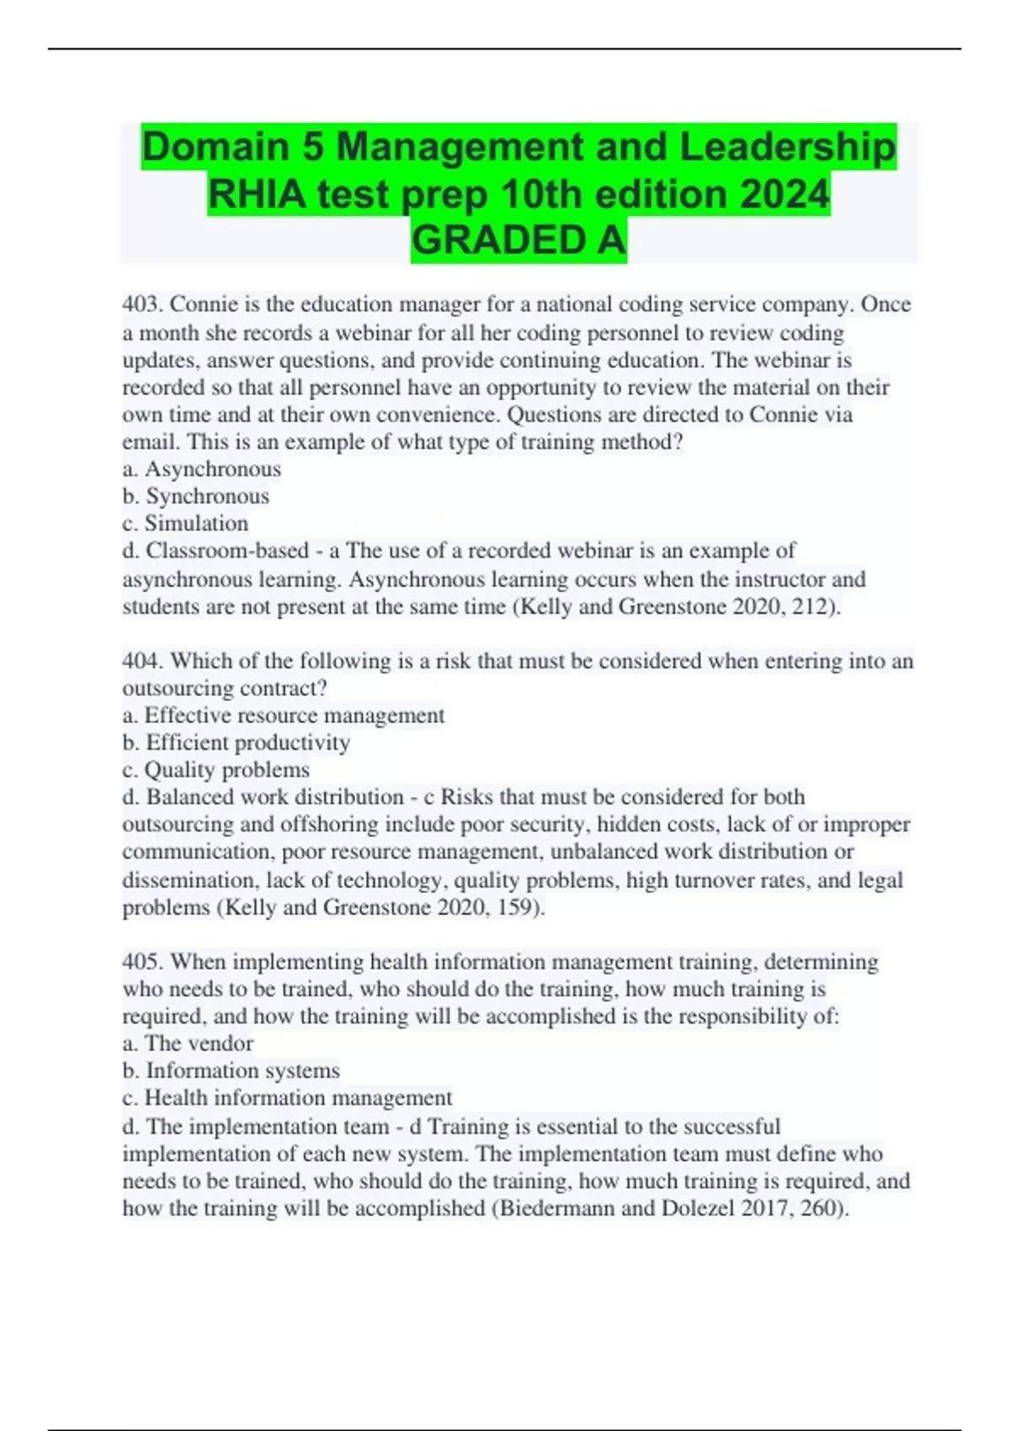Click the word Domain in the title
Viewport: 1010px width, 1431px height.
[x=215, y=147]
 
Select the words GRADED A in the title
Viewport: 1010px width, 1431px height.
[x=518, y=241]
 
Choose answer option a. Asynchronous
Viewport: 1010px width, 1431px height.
[x=202, y=469]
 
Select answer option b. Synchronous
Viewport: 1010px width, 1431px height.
[x=196, y=496]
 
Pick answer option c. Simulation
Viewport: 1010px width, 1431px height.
[x=185, y=524]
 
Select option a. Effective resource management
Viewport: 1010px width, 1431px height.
[x=284, y=715]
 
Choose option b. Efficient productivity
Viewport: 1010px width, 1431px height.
[x=237, y=742]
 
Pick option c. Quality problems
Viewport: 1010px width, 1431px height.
[x=216, y=770]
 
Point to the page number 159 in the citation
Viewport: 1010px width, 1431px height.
[x=518, y=907]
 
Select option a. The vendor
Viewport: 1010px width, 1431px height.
[x=188, y=1044]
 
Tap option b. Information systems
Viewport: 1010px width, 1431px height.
[x=231, y=1071]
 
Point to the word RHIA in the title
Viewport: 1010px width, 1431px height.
[x=256, y=194]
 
